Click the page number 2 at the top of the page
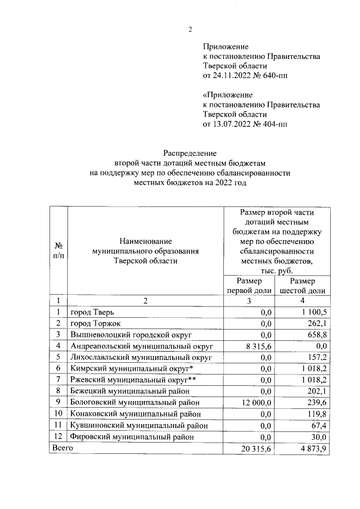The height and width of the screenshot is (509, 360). [x=190, y=30]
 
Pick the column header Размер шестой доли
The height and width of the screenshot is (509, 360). [x=303, y=286]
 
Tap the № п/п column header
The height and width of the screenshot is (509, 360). [x=58, y=250]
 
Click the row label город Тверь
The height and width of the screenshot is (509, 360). [x=94, y=312]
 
